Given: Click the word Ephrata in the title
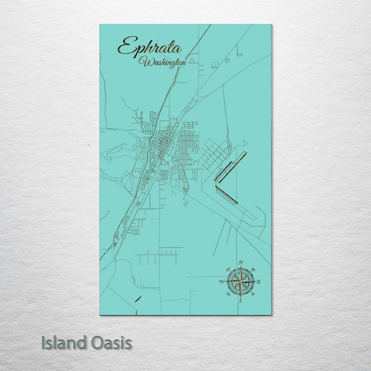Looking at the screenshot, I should click(x=149, y=47).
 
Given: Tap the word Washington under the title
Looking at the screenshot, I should click(x=162, y=62).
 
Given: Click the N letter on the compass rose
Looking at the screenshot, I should click(x=241, y=263).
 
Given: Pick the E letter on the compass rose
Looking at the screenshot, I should click(x=259, y=282).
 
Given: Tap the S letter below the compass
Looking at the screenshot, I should click(x=240, y=301).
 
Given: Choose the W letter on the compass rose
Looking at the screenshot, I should click(x=222, y=282).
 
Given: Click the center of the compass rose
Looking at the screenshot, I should click(x=240, y=282).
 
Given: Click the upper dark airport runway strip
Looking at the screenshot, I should click(x=230, y=166).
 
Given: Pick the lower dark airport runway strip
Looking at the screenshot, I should click(x=226, y=195).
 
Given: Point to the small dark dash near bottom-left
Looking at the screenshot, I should click(x=138, y=298).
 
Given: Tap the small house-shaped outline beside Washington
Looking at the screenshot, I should click(x=193, y=60).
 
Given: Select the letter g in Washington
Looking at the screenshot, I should click(x=172, y=64).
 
